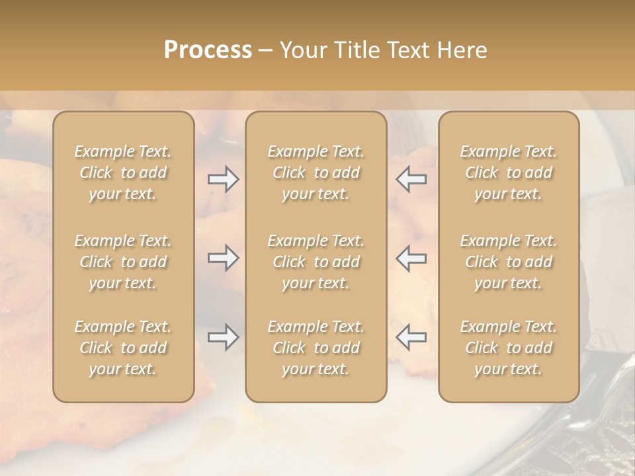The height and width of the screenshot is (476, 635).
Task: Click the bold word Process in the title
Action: point(208,50)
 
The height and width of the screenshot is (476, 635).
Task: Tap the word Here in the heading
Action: point(463,50)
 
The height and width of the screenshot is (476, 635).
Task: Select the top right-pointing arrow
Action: point(223,179)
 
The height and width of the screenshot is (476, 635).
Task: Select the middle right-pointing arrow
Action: point(223,258)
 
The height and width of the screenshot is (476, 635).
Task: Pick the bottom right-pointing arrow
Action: point(223,337)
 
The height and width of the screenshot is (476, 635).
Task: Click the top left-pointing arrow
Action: point(411,179)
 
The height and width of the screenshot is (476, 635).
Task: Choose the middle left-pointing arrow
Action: point(411,258)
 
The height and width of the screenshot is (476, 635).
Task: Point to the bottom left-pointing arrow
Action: point(411,337)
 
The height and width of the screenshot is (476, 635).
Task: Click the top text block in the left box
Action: point(123,173)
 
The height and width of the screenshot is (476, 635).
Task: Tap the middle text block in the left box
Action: point(123,262)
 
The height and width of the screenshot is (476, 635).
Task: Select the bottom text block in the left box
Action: point(123,348)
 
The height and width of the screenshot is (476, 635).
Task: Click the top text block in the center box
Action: point(316,173)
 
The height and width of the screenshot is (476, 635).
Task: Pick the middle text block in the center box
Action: point(316,262)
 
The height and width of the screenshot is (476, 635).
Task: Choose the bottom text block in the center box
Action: point(316,348)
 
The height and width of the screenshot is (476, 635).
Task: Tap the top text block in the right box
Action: point(509,173)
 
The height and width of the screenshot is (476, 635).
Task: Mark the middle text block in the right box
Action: point(509,262)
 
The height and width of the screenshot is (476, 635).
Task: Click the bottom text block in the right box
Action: point(509,348)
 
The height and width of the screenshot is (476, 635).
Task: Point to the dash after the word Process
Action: point(266,51)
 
